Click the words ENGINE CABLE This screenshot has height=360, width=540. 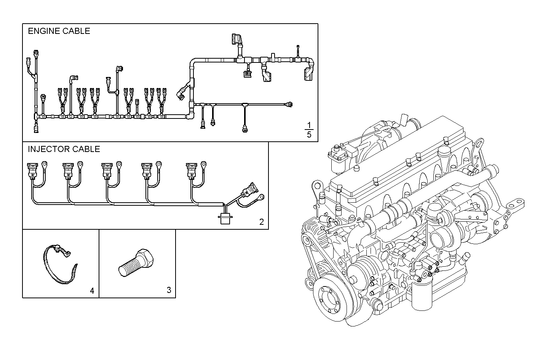59,31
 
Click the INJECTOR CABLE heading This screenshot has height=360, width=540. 64,149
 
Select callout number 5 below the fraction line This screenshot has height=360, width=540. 309,134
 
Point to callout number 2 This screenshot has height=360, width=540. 261,222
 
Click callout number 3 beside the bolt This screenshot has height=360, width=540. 169,290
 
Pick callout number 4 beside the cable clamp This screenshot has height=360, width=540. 92,291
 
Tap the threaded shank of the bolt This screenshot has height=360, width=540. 128,267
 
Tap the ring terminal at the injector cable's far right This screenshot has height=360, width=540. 261,197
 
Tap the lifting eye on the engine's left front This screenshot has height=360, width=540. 316,187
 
